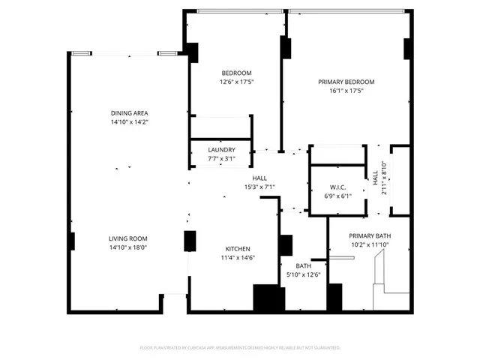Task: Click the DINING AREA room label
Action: tap(129, 112)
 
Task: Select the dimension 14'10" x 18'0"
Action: tap(129, 247)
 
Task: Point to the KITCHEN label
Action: tap(238, 249)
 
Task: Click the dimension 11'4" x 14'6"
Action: tap(238, 258)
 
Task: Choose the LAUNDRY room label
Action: tap(221, 150)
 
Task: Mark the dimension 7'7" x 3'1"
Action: tap(221, 159)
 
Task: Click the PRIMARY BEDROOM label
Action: tap(346, 82)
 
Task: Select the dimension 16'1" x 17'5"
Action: tap(346, 91)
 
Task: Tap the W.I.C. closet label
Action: tap(337, 187)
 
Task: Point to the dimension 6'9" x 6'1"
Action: tap(337, 196)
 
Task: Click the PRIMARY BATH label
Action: tap(370, 236)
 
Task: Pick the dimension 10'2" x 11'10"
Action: tap(370, 245)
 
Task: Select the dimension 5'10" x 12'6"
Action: tap(304, 274)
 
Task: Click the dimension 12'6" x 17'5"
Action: tap(236, 82)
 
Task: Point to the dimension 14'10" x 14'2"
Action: tap(129, 121)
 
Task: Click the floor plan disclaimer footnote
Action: tap(240, 348)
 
